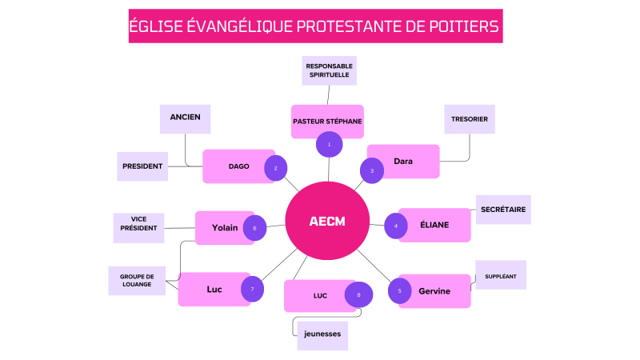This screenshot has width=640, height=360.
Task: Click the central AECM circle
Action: point(327,221)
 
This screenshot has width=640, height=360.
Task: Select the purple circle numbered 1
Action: point(329,144)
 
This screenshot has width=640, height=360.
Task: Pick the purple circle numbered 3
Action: point(372,170)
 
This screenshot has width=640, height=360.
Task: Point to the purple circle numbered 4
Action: point(396,226)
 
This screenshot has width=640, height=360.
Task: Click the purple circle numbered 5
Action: point(400,290)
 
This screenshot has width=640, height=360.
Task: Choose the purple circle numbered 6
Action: point(254,227)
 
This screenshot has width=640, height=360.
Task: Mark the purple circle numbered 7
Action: point(252,289)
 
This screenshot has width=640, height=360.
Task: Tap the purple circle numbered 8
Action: point(359,295)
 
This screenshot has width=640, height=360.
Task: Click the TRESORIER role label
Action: point(470,118)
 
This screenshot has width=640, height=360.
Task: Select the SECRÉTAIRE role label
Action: point(503,209)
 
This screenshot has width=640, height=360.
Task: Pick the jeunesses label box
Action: point(322,335)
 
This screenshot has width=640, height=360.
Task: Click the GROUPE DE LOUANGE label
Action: point(137,280)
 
